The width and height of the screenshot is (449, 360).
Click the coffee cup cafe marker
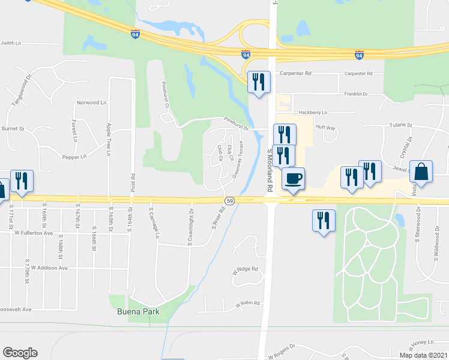[293, 179]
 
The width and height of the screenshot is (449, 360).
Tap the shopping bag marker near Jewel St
[421, 172]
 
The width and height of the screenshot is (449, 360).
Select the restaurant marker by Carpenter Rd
[259, 83]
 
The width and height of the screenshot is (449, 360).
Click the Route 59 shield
[229, 200]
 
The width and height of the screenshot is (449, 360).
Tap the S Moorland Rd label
[270, 171]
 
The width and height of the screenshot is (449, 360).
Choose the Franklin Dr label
[355, 94]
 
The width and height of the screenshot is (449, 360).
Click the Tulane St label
[402, 125]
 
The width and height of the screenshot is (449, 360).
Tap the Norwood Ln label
[91, 103]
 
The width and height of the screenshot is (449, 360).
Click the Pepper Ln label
[74, 157]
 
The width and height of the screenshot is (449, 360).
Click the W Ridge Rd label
[245, 270]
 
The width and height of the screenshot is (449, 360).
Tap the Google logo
[20, 353]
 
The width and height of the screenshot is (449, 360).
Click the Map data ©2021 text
[423, 355]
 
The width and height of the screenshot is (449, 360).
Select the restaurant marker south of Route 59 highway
[324, 221]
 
